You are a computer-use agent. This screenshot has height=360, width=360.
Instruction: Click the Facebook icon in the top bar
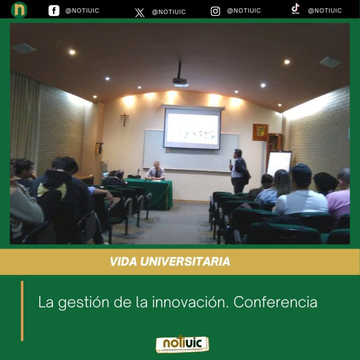coord(54,10)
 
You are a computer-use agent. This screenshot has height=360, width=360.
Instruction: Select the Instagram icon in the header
coord(215,11)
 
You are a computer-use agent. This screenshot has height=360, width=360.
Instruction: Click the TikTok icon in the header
coord(295,9)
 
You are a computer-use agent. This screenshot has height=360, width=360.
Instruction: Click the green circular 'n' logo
coord(19,10)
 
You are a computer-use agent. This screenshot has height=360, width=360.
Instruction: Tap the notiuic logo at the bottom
coord(182,343)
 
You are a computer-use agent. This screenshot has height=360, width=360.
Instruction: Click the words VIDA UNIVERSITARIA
coord(170,262)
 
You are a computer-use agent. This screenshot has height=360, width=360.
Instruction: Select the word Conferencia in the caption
coord(275,302)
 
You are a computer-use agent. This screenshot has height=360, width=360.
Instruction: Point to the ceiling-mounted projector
coord(180,81)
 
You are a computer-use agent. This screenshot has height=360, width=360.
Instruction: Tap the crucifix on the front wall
coord(124,119)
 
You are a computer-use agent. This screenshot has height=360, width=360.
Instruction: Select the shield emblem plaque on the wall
coord(260,132)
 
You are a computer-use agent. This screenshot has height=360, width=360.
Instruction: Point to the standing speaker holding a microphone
coord(240,171)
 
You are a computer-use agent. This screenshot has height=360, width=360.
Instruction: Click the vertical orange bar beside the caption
coord(22,310)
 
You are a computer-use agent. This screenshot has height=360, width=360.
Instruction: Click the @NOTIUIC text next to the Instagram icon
coord(244,11)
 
